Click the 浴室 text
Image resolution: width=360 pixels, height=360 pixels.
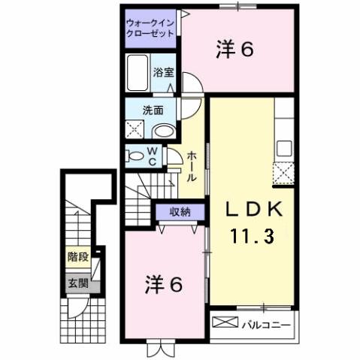164,74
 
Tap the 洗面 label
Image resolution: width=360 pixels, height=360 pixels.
153,109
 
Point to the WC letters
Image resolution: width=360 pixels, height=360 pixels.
152,156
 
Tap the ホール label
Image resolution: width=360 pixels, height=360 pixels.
192,165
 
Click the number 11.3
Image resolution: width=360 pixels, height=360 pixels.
252,235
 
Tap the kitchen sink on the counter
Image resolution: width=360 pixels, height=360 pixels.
284,147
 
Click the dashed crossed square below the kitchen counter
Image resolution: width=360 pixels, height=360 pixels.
284,174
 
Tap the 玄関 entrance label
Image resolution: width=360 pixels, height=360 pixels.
77,283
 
